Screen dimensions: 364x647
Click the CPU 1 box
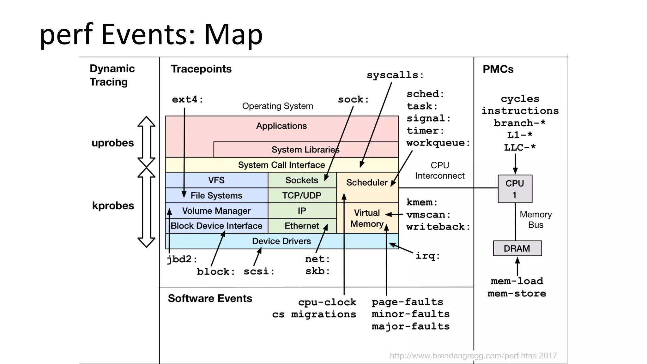click(515, 189)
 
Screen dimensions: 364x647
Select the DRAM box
click(517, 248)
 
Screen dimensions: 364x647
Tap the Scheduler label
click(366, 182)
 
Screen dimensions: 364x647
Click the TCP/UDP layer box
click(302, 195)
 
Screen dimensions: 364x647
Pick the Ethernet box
click(302, 226)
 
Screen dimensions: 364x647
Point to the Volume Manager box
click(216, 211)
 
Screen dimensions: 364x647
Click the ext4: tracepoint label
click(187, 99)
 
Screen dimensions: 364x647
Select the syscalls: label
click(395, 75)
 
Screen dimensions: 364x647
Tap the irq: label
click(427, 256)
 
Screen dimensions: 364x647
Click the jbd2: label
click(182, 259)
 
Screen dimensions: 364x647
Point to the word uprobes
click(113, 143)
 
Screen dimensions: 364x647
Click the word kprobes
click(113, 206)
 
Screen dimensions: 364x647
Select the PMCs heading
click(498, 69)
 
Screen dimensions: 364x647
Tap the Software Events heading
click(210, 298)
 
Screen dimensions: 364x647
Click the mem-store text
click(517, 294)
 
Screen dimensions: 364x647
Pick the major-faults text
click(410, 326)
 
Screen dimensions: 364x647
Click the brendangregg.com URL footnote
click(473, 356)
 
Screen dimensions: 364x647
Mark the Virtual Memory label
click(366, 218)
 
